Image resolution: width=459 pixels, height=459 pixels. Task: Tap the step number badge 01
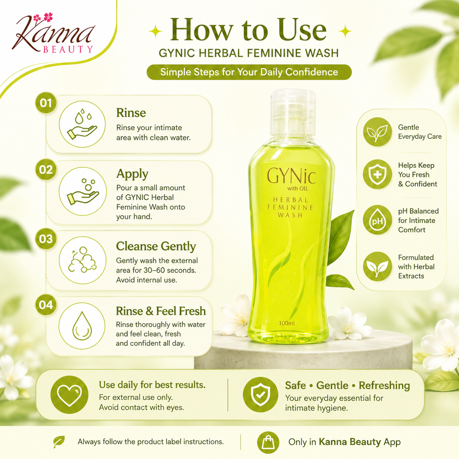tap(46, 103)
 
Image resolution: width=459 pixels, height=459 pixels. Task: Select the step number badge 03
tap(46, 239)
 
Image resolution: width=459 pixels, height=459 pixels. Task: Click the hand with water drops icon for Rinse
tap(82, 124)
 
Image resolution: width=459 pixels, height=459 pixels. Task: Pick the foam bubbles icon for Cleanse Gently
tap(82, 260)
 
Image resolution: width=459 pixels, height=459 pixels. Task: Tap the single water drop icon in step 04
tap(82, 326)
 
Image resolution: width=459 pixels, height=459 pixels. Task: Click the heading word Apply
tap(132, 174)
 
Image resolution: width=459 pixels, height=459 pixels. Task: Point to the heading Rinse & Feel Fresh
tap(161, 311)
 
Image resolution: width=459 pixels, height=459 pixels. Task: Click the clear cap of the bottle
tap(293, 112)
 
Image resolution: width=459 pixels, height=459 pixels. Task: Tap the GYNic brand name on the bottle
tap(291, 176)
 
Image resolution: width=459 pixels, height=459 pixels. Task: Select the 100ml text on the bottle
tap(287, 323)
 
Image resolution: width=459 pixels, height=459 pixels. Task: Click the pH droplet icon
tap(377, 220)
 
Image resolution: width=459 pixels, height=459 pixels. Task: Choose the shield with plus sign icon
tap(377, 174)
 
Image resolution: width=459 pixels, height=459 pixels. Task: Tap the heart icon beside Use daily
tap(69, 395)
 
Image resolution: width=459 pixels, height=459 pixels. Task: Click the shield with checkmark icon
tap(260, 395)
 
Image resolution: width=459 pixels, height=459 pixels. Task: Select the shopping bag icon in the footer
tap(268, 443)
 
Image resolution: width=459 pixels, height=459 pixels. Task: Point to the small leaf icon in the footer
tap(59, 441)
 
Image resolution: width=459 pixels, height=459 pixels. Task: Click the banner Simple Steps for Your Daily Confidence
tap(249, 72)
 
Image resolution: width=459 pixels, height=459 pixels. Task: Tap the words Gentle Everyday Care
tap(420, 132)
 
